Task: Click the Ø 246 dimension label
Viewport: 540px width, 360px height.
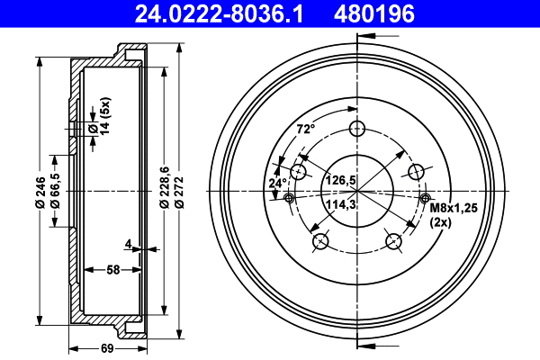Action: click(x=41, y=192)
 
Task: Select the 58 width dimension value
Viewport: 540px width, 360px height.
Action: click(x=114, y=269)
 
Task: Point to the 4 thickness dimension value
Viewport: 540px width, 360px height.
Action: click(x=130, y=243)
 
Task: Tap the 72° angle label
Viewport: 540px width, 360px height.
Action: click(x=306, y=129)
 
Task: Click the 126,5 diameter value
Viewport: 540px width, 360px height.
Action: click(x=341, y=180)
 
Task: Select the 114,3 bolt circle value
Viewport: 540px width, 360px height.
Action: click(x=341, y=205)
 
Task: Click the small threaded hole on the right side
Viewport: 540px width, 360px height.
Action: click(x=425, y=198)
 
